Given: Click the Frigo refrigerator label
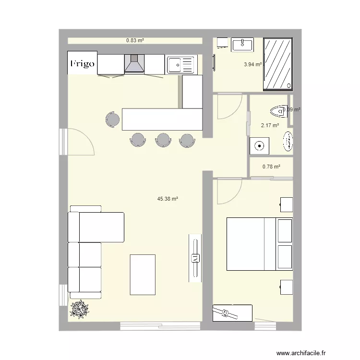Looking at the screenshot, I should tap(83, 63).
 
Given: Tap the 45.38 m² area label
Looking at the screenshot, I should tap(168, 198).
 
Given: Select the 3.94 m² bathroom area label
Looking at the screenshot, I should tap(252, 64).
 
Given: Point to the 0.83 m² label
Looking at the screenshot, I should tap(135, 41).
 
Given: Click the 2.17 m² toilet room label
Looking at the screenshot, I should tap(270, 126).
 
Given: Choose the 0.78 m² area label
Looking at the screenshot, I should tap(271, 167).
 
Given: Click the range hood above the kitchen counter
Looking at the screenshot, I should tap(134, 63).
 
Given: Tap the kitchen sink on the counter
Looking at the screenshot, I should tap(180, 64).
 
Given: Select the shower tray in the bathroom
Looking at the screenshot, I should tap(277, 64).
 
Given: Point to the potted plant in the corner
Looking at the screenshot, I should tap(79, 310).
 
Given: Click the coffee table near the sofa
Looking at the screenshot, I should tap(143, 275).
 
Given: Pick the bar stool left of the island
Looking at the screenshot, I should tap(113, 119).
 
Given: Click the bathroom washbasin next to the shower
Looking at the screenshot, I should tap(242, 45).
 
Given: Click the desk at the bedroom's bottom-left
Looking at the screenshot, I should tap(232, 312).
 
